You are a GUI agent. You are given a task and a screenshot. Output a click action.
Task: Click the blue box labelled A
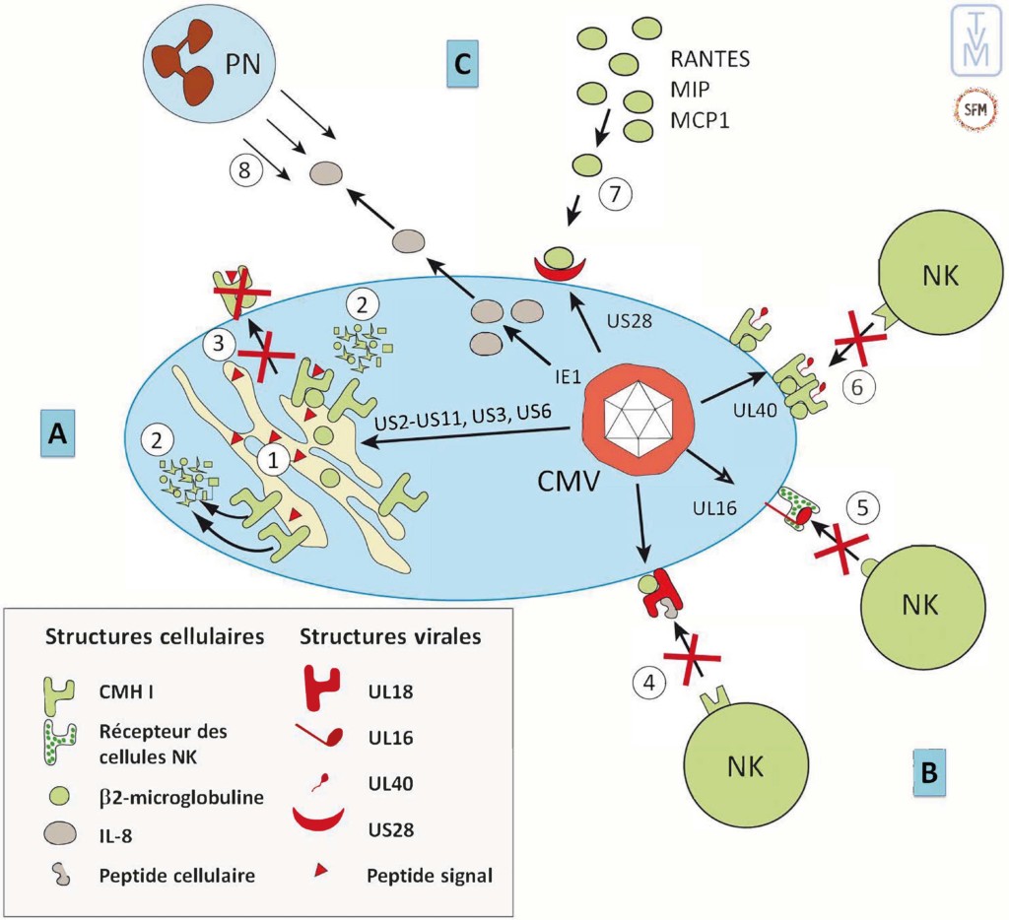point(59,432)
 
